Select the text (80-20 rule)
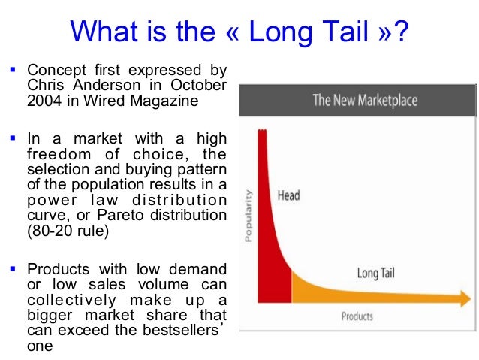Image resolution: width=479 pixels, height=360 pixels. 67,231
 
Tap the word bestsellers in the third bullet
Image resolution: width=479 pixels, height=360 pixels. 174,330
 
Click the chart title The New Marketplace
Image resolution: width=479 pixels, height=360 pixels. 365,101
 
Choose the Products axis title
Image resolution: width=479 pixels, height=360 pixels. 357,316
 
